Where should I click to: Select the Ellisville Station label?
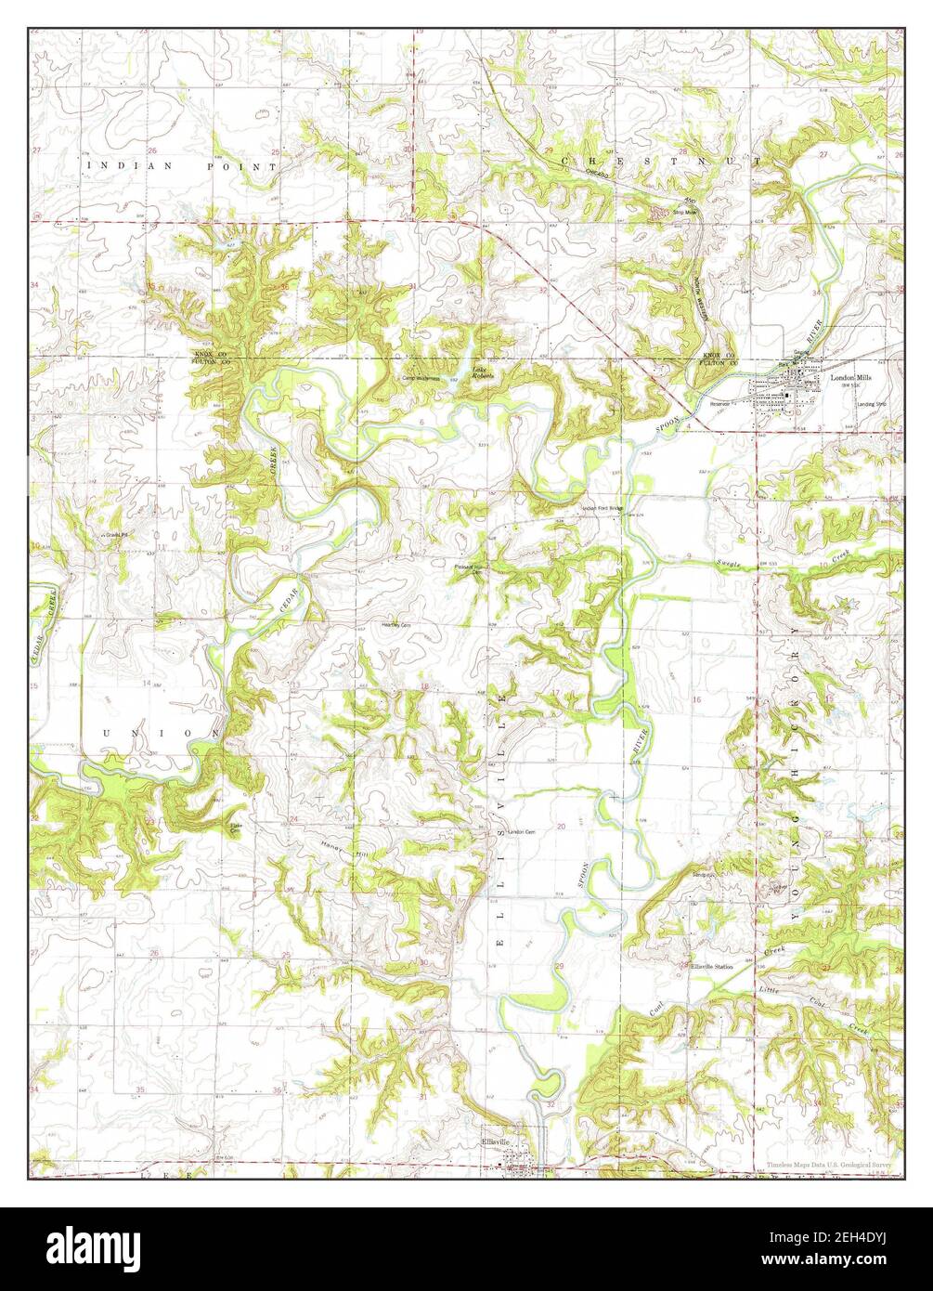coord(712,967)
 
